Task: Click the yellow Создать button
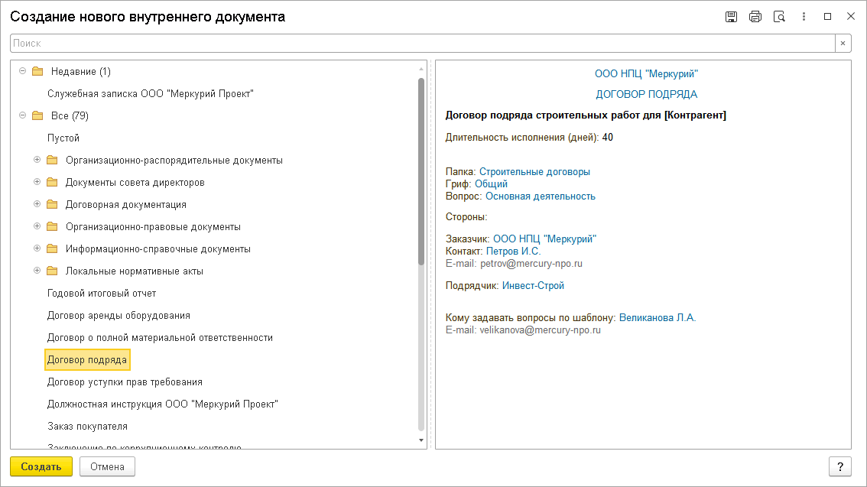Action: pos(41,466)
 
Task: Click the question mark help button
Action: pos(839,466)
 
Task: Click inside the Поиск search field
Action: pos(421,44)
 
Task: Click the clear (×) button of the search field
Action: pos(843,44)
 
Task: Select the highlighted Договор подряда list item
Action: pos(87,359)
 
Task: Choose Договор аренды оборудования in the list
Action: pos(119,315)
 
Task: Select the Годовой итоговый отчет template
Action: pos(102,293)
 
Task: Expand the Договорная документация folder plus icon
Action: pos(37,205)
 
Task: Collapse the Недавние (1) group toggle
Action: pos(22,71)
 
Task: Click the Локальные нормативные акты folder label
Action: pos(134,271)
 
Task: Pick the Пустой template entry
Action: pos(63,138)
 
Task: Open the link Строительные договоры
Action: pos(534,172)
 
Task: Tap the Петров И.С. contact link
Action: pos(513,251)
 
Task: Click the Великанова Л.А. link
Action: pos(658,317)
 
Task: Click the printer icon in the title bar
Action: pos(755,17)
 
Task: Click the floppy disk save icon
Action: pos(731,17)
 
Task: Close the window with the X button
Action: pos(850,17)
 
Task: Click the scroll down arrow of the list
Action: pos(421,440)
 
